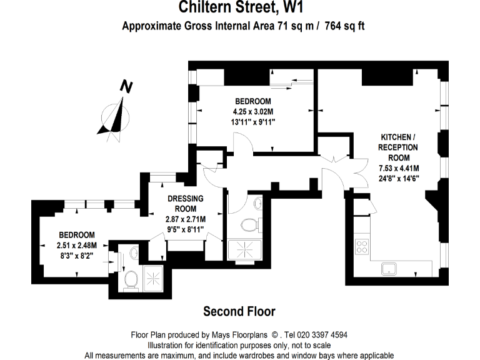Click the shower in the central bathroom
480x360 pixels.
pyautogui.click(x=246, y=251)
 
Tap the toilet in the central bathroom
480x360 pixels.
pyautogui.click(x=249, y=225)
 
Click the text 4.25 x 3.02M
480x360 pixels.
pyautogui.click(x=253, y=112)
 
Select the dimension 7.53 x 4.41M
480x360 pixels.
pyautogui.click(x=399, y=167)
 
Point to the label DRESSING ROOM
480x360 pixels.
pyautogui.click(x=186, y=204)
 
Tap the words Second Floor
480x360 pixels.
pyautogui.click(x=239, y=311)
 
